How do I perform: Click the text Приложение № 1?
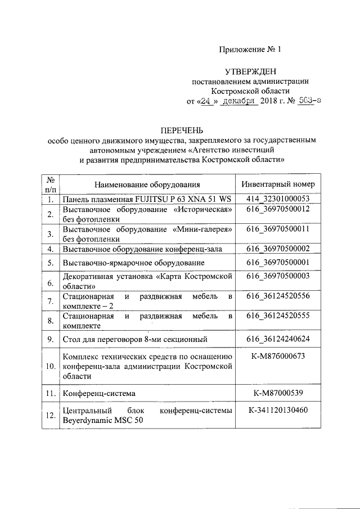point(249,49)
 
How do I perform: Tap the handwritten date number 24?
point(208,102)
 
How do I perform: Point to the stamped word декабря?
point(239,102)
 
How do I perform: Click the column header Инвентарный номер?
point(278,184)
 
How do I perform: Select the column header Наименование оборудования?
point(147,184)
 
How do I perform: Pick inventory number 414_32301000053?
point(278,199)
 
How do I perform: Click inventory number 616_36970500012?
point(278,209)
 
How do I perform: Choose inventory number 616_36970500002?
point(278,248)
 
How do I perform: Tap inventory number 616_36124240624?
point(278,339)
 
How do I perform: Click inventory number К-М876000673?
point(278,357)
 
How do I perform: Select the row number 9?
point(50,339)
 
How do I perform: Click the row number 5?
point(50,263)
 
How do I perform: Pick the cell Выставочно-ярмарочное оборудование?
point(134,263)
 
